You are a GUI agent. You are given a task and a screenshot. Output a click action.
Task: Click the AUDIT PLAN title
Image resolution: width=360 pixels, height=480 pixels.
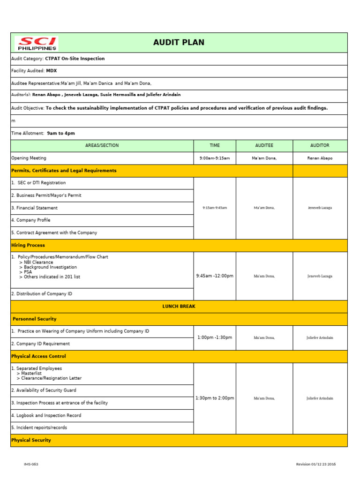pos(179,43)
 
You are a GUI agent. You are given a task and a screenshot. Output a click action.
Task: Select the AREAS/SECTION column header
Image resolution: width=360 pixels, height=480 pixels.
pos(102,145)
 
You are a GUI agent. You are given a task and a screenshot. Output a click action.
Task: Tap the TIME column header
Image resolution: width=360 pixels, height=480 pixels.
pos(215,145)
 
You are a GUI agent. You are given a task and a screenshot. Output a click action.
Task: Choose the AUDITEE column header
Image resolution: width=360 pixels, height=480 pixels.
pos(264,145)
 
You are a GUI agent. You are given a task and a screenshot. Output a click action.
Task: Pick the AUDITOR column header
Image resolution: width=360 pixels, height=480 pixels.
pos(320,145)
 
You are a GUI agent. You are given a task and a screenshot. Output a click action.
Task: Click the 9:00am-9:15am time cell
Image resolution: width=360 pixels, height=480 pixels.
pos(215,158)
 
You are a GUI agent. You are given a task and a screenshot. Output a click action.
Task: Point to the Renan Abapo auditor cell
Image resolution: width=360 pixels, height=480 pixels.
pos(320,158)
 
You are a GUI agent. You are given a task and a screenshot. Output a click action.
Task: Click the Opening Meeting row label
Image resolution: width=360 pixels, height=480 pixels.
pos(29,158)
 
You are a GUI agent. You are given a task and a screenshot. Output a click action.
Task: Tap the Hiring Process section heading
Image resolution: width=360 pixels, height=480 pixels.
pos(28,245)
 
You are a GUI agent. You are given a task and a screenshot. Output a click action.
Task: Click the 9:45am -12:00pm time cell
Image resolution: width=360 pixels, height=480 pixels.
pos(215,276)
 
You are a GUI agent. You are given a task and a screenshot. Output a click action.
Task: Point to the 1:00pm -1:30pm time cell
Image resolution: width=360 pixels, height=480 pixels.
pos(215,337)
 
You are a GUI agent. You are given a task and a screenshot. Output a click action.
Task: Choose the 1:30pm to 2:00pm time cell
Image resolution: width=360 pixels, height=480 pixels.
pos(215,398)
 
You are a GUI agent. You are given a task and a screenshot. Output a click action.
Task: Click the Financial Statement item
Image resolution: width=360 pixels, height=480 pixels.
pos(34,208)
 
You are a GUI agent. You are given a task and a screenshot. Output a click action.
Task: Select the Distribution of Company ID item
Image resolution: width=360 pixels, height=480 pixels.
pos(42,294)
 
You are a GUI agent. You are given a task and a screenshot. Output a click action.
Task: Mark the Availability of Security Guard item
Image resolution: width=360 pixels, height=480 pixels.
pos(44,390)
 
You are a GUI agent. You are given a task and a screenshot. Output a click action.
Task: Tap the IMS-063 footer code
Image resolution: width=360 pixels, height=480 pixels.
pos(31,464)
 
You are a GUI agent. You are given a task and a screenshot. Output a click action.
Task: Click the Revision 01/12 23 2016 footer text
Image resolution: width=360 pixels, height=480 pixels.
pos(315,464)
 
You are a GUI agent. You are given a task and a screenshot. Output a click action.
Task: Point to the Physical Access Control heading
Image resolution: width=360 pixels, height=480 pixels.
pos(38,356)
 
